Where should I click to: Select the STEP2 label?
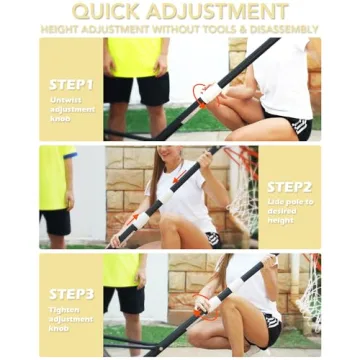click(289, 187)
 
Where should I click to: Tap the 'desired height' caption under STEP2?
click(289, 217)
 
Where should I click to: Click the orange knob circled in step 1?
click(204, 94)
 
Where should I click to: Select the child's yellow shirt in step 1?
click(134, 58)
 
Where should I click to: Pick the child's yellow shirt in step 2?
click(55, 178)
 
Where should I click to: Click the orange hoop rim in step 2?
click(240, 160)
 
